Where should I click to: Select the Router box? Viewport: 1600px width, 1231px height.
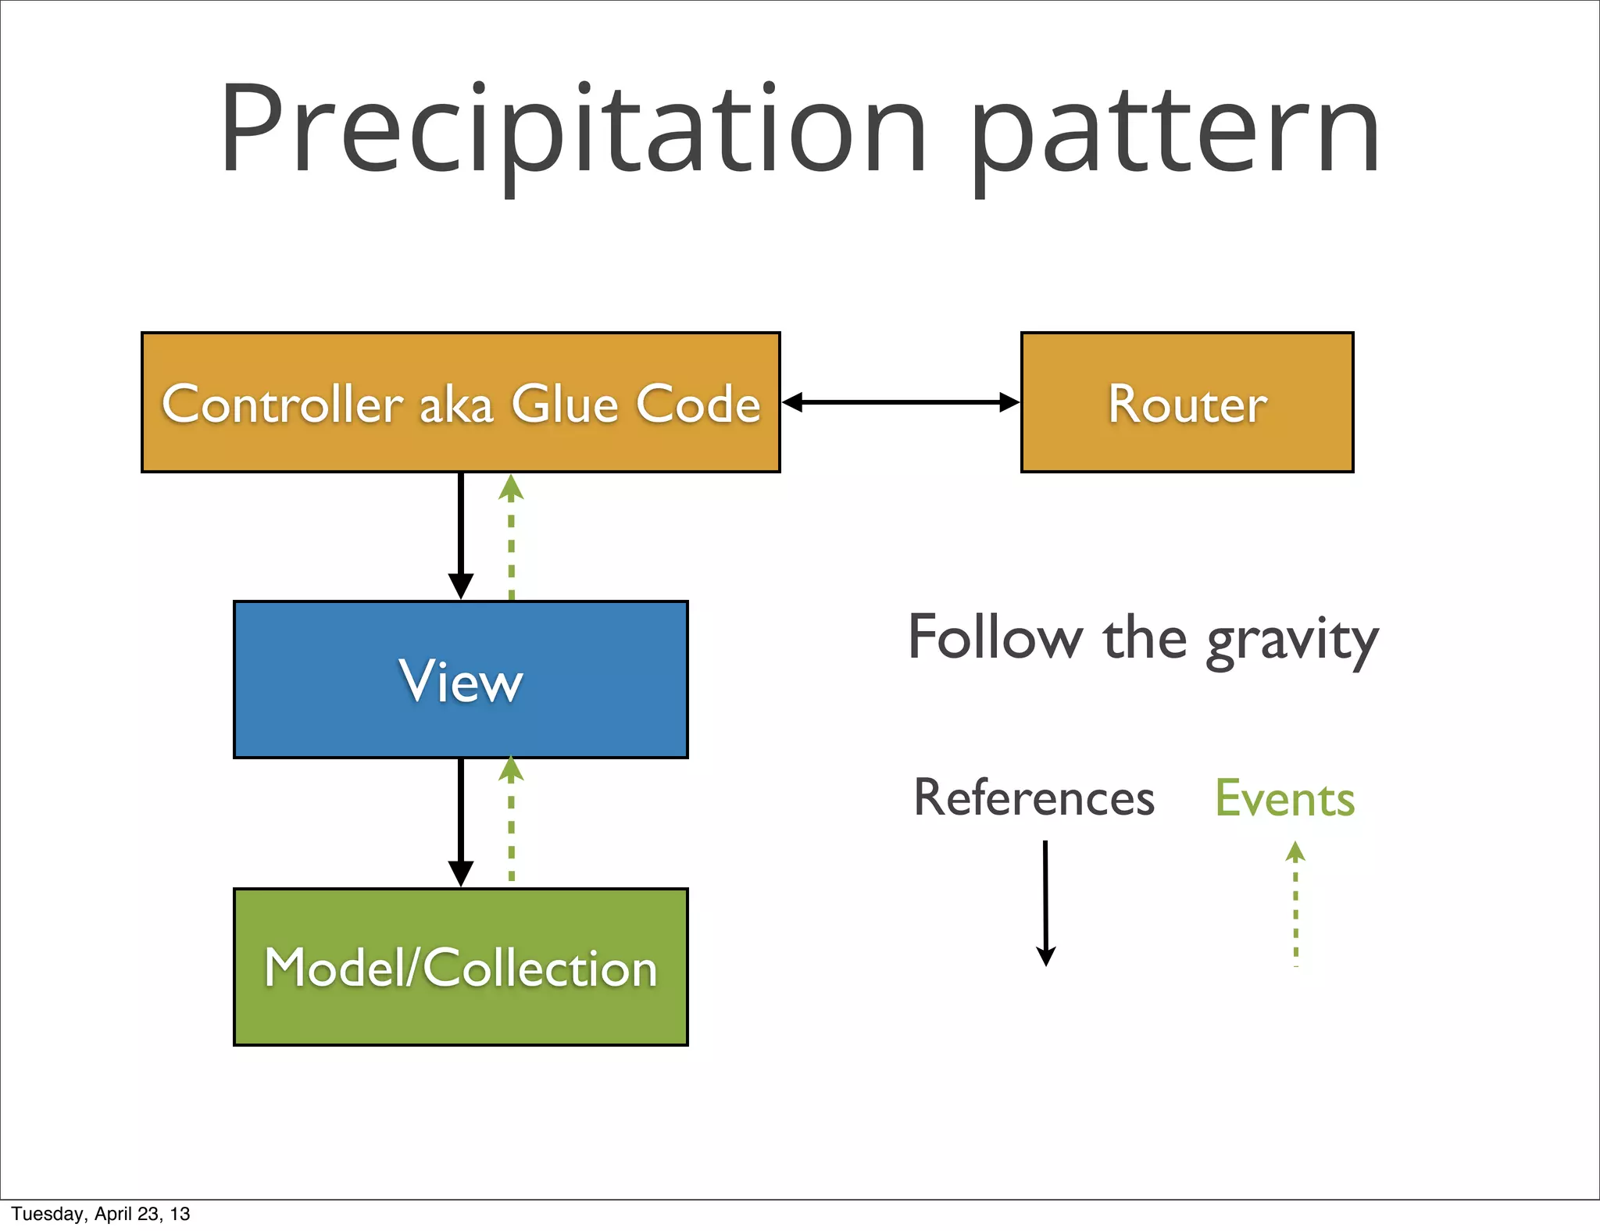point(1187,403)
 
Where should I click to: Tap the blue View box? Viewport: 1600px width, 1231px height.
point(460,680)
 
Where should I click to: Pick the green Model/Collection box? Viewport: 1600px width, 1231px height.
point(460,967)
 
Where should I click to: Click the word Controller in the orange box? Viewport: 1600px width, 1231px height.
point(282,405)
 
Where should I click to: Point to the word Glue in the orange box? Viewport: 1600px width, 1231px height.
point(564,405)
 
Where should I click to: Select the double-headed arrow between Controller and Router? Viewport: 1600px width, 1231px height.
point(900,402)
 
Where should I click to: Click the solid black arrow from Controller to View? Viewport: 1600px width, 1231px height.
point(460,536)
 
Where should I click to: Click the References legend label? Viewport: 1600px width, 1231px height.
point(1034,798)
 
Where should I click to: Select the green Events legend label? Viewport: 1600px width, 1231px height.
point(1284,798)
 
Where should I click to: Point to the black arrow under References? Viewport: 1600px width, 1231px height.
point(1045,903)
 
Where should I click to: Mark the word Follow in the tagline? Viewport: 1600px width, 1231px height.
point(995,638)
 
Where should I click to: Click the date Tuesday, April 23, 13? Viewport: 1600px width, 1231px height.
point(101,1214)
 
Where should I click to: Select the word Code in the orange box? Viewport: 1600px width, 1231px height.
point(698,405)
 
